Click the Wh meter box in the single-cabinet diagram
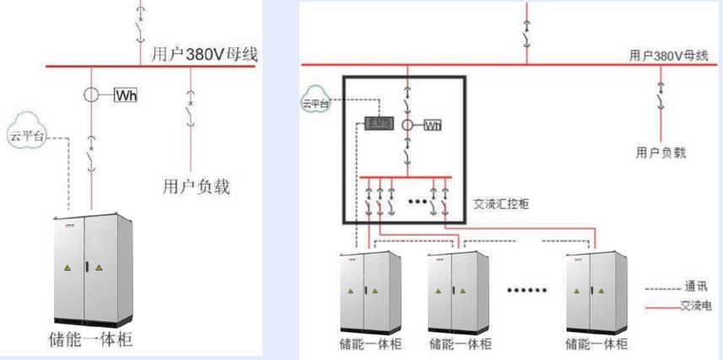(x=125, y=94)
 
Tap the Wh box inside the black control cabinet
(x=432, y=126)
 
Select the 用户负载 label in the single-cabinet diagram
(x=196, y=185)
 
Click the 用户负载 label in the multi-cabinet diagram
(x=661, y=154)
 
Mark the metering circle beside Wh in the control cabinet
(x=407, y=126)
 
